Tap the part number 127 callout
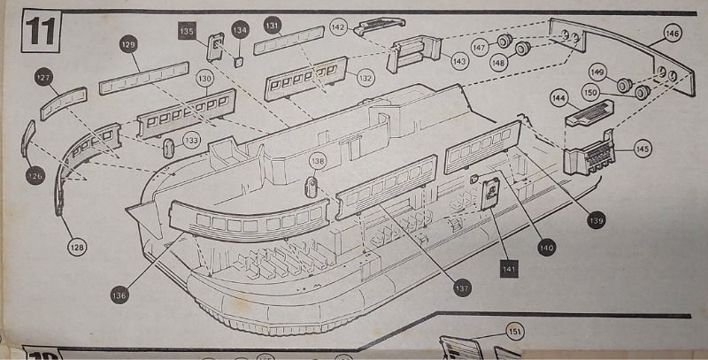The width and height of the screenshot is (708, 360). click(43, 78)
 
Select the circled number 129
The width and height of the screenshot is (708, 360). click(128, 42)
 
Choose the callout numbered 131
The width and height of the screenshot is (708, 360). click(273, 26)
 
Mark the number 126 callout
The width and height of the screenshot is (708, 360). click(35, 175)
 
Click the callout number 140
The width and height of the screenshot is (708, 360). click(545, 249)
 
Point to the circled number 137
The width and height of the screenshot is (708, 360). click(461, 287)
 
